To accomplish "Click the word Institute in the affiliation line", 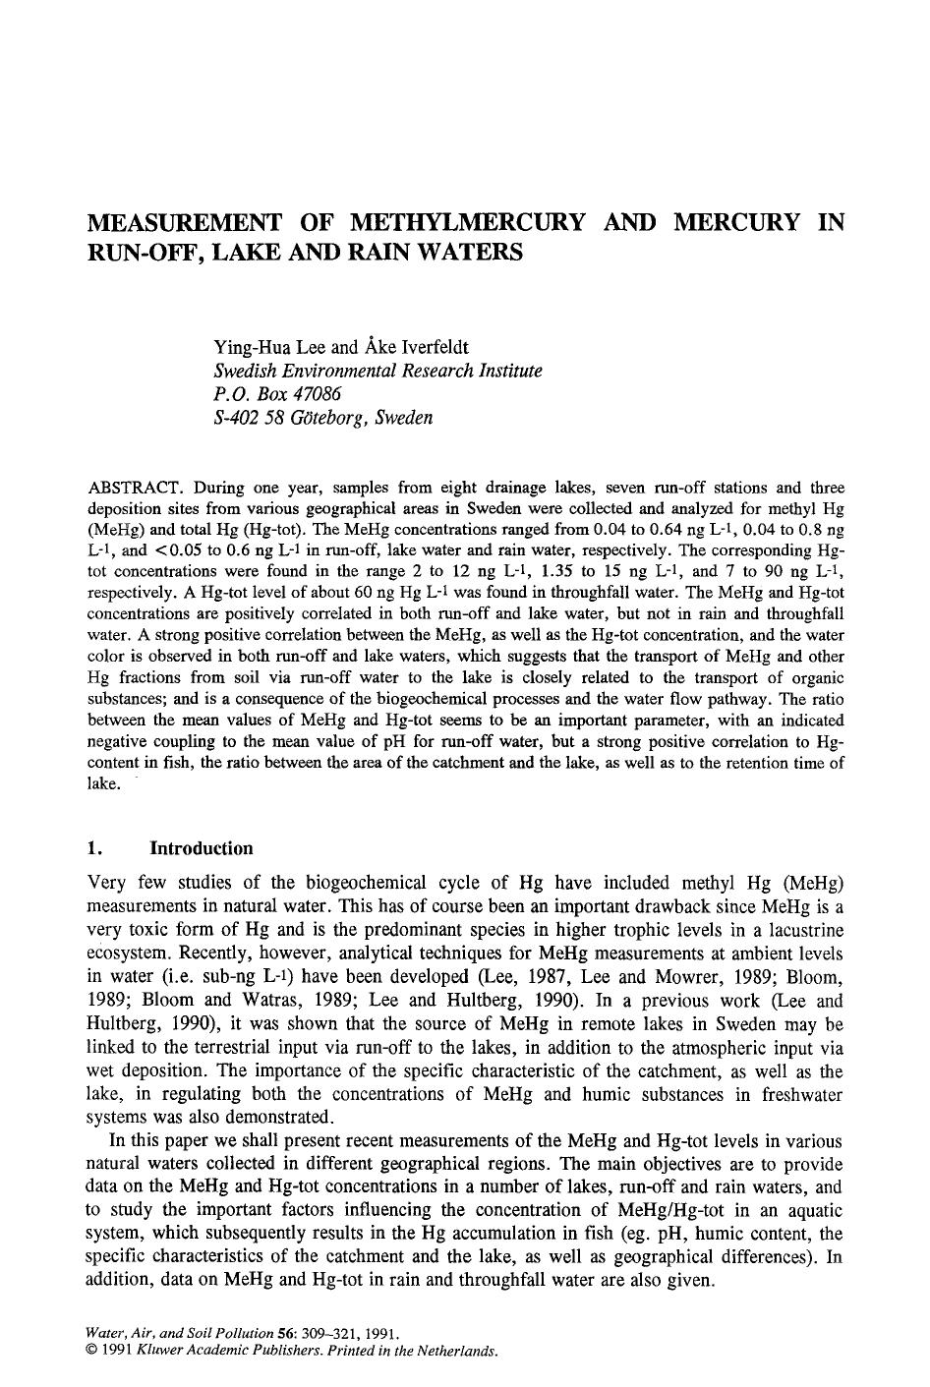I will [x=505, y=371].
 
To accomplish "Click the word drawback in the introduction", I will [x=657, y=906].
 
